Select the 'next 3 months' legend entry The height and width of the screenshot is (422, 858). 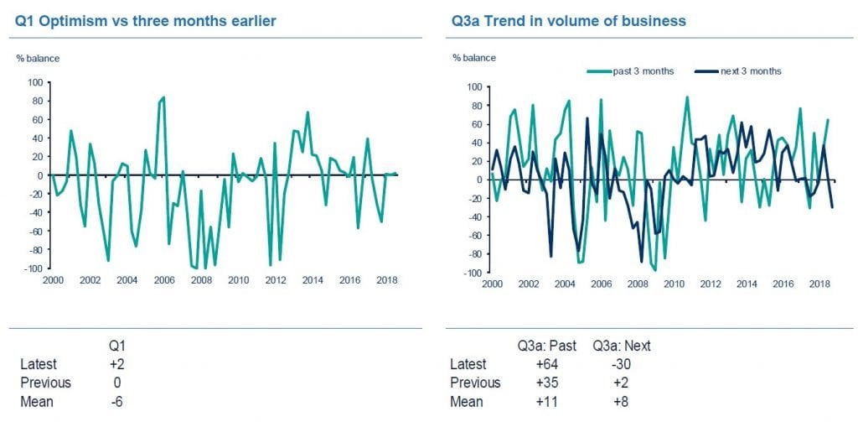click(751, 71)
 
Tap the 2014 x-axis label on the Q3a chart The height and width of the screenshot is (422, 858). click(747, 284)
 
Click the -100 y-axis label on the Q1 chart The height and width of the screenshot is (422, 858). click(34, 268)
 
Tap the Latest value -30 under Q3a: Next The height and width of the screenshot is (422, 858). click(621, 363)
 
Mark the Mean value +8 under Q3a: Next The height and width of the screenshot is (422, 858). click(621, 401)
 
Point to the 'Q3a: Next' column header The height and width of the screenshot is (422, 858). click(621, 345)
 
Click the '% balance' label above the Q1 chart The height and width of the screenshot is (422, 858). click(39, 58)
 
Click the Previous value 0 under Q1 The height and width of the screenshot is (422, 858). click(116, 383)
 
